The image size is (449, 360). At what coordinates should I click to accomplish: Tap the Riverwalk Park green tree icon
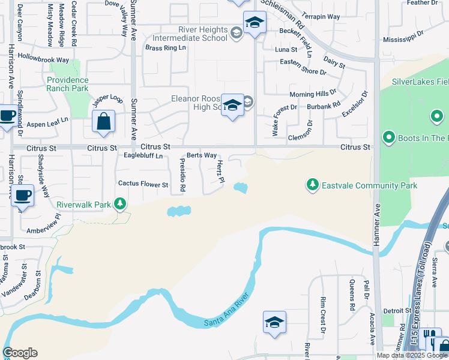[120, 205]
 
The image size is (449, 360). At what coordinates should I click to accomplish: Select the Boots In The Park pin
[388, 139]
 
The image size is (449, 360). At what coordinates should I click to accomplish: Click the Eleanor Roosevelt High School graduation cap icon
[232, 106]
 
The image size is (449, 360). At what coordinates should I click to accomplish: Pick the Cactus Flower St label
[143, 184]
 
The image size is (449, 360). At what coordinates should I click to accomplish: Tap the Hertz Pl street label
[220, 172]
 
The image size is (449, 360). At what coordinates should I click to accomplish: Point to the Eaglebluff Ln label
[143, 156]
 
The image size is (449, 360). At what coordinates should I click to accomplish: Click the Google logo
[20, 353]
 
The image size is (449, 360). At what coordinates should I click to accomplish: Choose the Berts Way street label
[201, 155]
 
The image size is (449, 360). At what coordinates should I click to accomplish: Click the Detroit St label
[397, 311]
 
